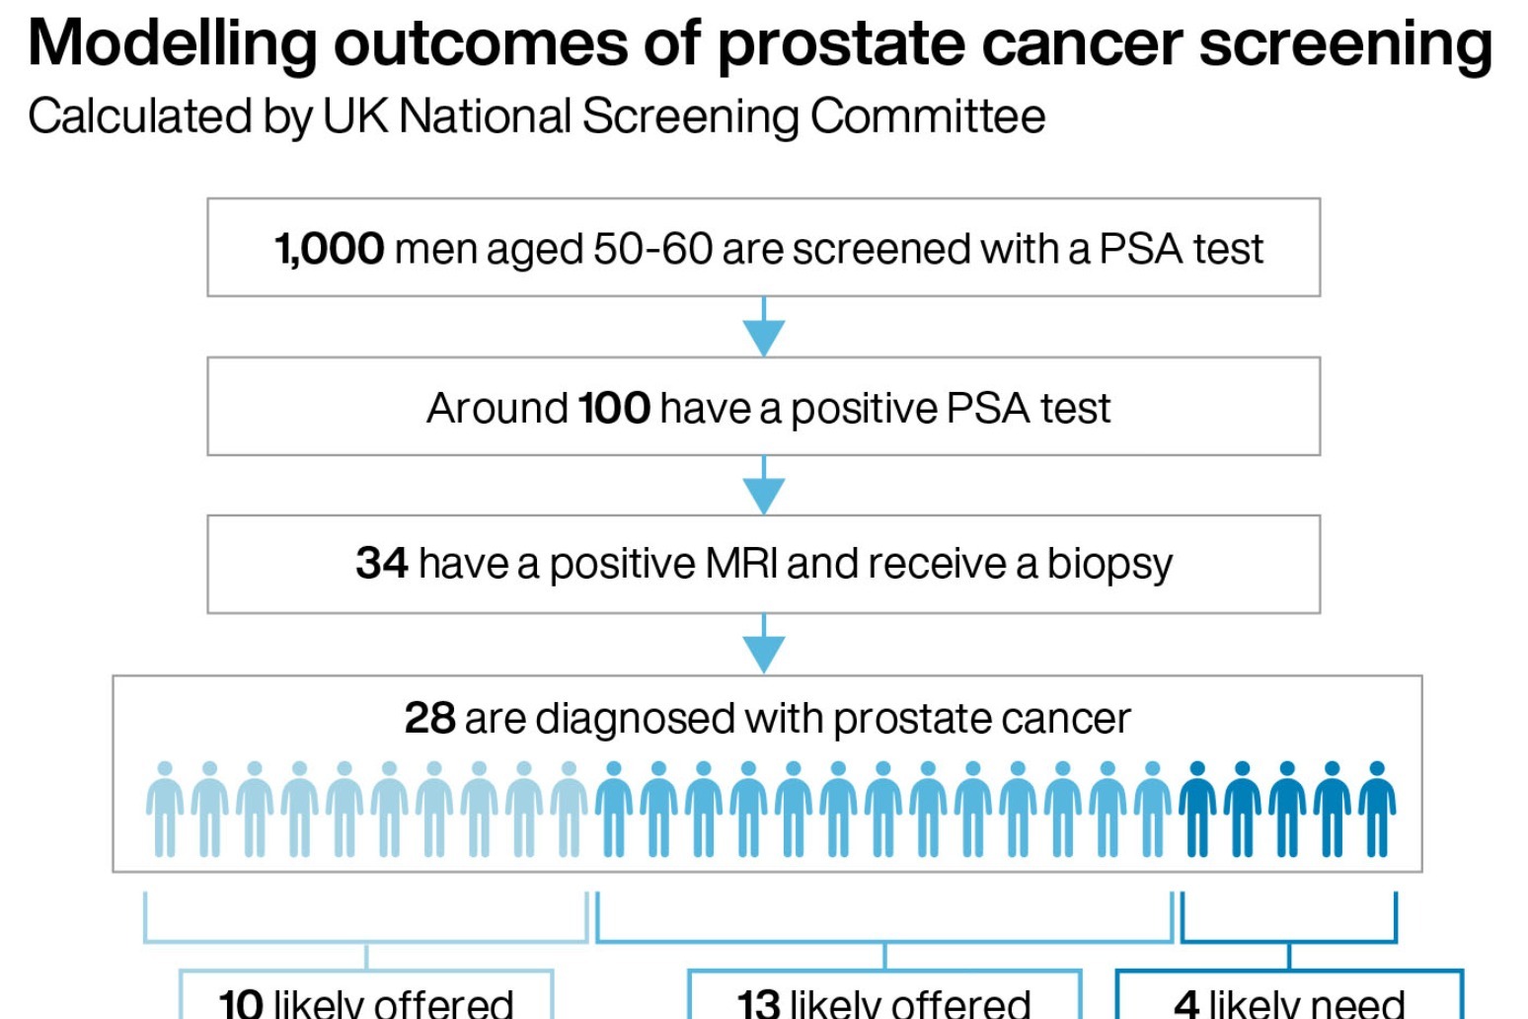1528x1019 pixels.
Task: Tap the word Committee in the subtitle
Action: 927,117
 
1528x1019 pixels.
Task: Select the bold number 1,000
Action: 329,249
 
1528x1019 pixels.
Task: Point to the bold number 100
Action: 613,408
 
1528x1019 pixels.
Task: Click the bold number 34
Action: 381,564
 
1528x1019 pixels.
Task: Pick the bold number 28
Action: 429,719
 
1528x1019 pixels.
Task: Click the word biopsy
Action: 1108,565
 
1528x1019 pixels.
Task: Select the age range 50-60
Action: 651,249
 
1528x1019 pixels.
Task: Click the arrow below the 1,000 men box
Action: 763,331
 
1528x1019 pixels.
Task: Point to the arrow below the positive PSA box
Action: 763,489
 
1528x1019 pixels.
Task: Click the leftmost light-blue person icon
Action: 165,810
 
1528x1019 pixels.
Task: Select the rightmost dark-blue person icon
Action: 1377,810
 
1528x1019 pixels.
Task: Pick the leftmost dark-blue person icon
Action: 1197,810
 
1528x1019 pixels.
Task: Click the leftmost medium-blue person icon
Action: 614,810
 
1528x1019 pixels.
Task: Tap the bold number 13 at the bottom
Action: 758,1003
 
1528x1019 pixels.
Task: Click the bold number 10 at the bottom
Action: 240,1003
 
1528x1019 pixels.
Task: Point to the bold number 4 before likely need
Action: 1185,1003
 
